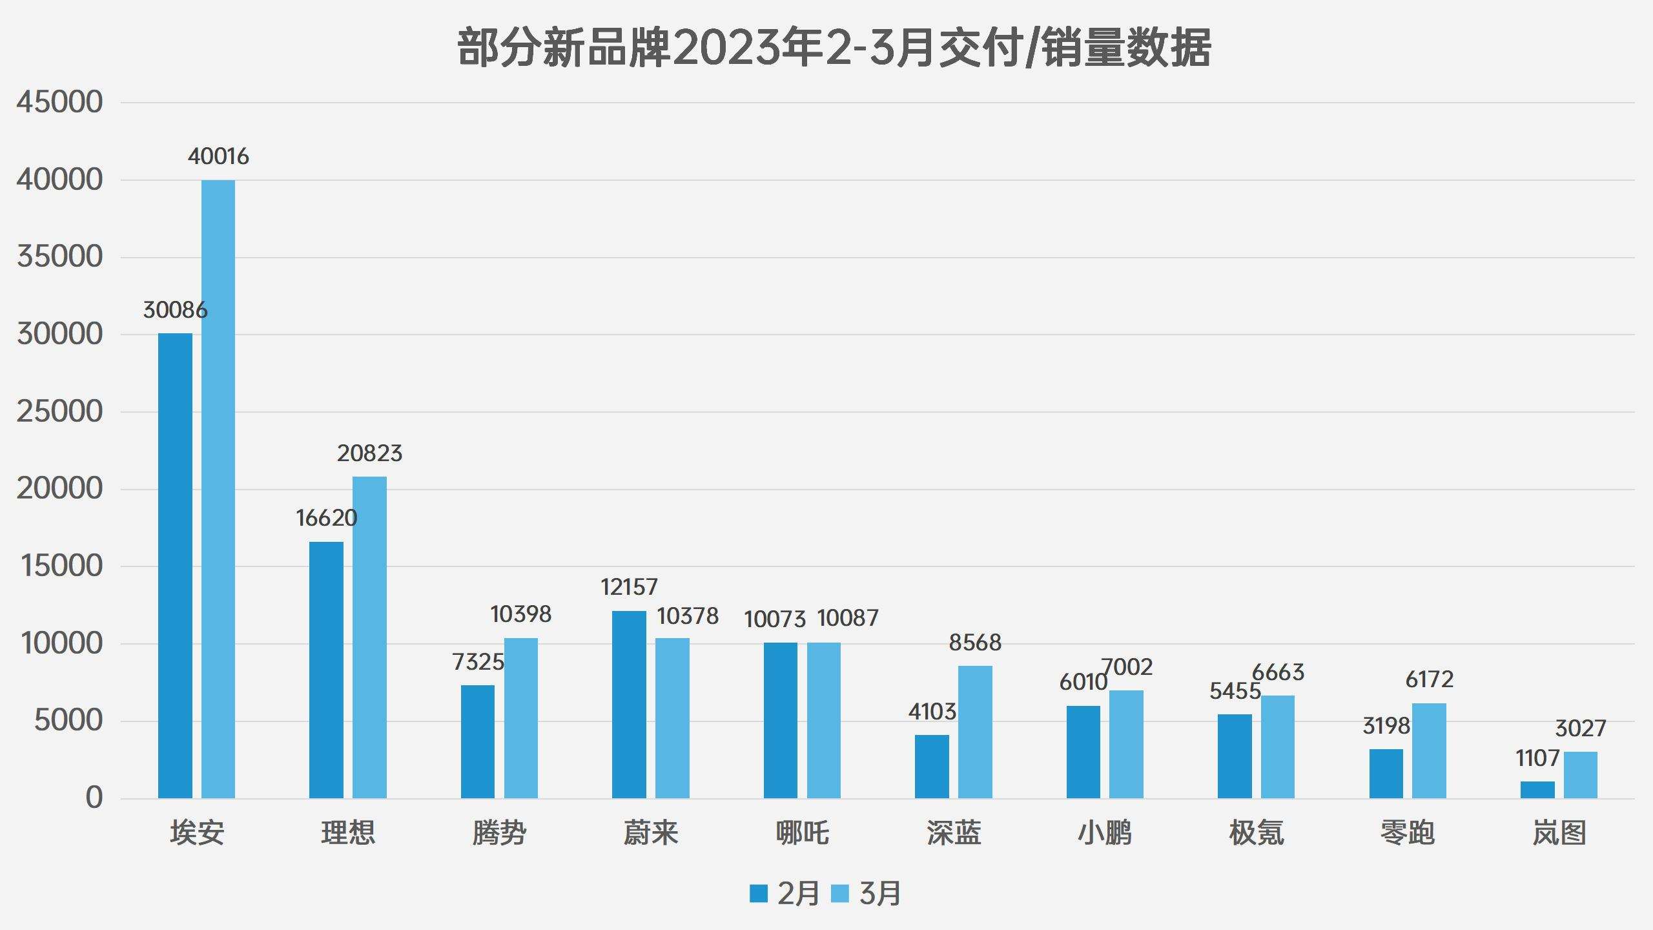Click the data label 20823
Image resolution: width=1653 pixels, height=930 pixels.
click(369, 453)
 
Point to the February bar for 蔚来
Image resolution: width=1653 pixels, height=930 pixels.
click(629, 705)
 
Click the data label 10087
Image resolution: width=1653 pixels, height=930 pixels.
click(847, 618)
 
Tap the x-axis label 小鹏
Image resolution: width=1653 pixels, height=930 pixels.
click(1105, 832)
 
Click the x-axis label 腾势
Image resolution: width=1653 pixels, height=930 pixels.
click(499, 832)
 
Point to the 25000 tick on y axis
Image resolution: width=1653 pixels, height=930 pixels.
click(59, 411)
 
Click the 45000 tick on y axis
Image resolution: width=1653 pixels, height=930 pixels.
click(59, 102)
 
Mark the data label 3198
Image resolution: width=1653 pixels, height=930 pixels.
click(1386, 726)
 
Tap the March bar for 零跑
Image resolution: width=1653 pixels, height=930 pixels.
click(1429, 750)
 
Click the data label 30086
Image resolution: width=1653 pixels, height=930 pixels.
click(175, 310)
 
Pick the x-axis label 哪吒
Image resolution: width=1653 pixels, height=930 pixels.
click(802, 832)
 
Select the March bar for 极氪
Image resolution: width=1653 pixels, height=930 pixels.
click(1278, 747)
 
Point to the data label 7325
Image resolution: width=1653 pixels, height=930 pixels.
click(478, 662)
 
